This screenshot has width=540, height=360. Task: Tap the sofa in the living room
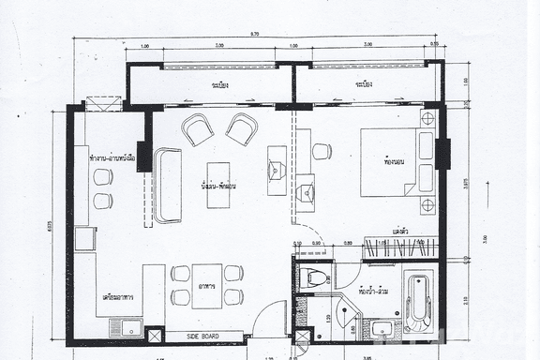pos(168,185)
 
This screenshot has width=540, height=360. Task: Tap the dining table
pos(206,285)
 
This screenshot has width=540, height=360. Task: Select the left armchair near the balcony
pos(198,129)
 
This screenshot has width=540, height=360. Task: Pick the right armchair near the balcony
pos(241,128)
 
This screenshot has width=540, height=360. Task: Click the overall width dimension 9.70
pos(255,34)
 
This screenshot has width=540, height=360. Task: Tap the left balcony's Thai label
pos(221,84)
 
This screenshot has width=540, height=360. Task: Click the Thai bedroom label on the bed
pos(393,161)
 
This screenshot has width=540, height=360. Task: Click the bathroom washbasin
pos(380,328)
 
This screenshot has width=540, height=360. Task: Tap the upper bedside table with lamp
pos(427,119)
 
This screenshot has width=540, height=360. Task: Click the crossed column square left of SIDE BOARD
pos(156,334)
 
